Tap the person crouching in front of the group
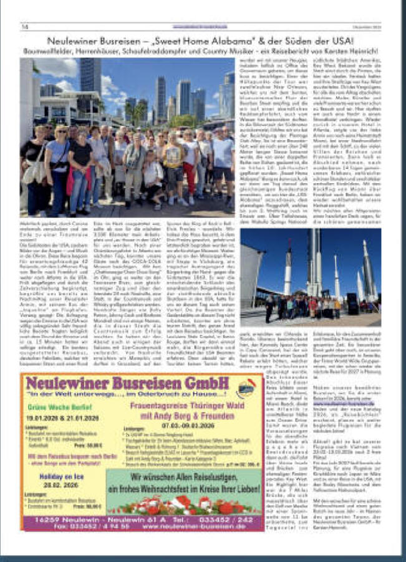[x=152, y=177]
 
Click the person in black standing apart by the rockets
[x=269, y=308]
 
